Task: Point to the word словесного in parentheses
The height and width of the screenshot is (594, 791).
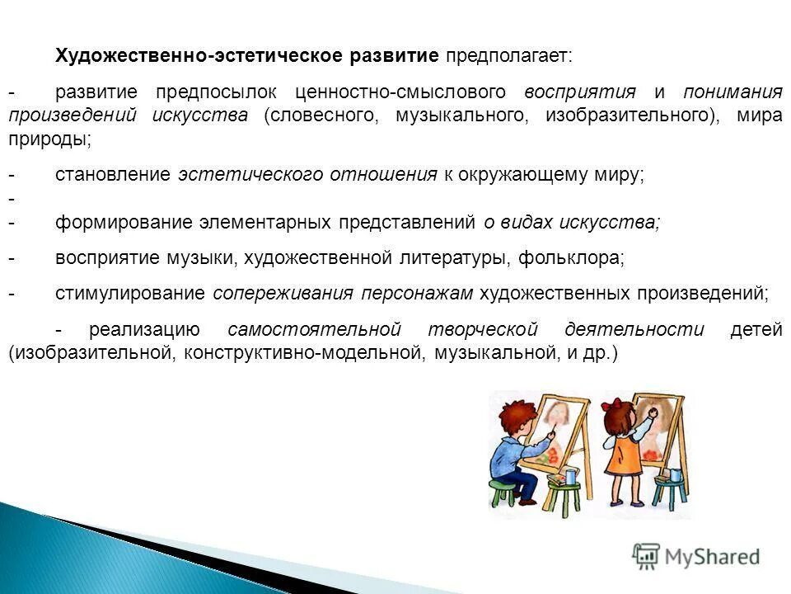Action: pos(318,115)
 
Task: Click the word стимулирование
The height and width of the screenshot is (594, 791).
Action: pos(129,294)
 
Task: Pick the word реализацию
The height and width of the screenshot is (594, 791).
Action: pos(144,330)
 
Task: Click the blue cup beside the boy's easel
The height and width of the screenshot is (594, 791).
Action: pos(570,477)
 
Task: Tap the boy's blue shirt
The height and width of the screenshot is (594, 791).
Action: pos(508,450)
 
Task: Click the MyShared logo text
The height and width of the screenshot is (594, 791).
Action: pos(710,557)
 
